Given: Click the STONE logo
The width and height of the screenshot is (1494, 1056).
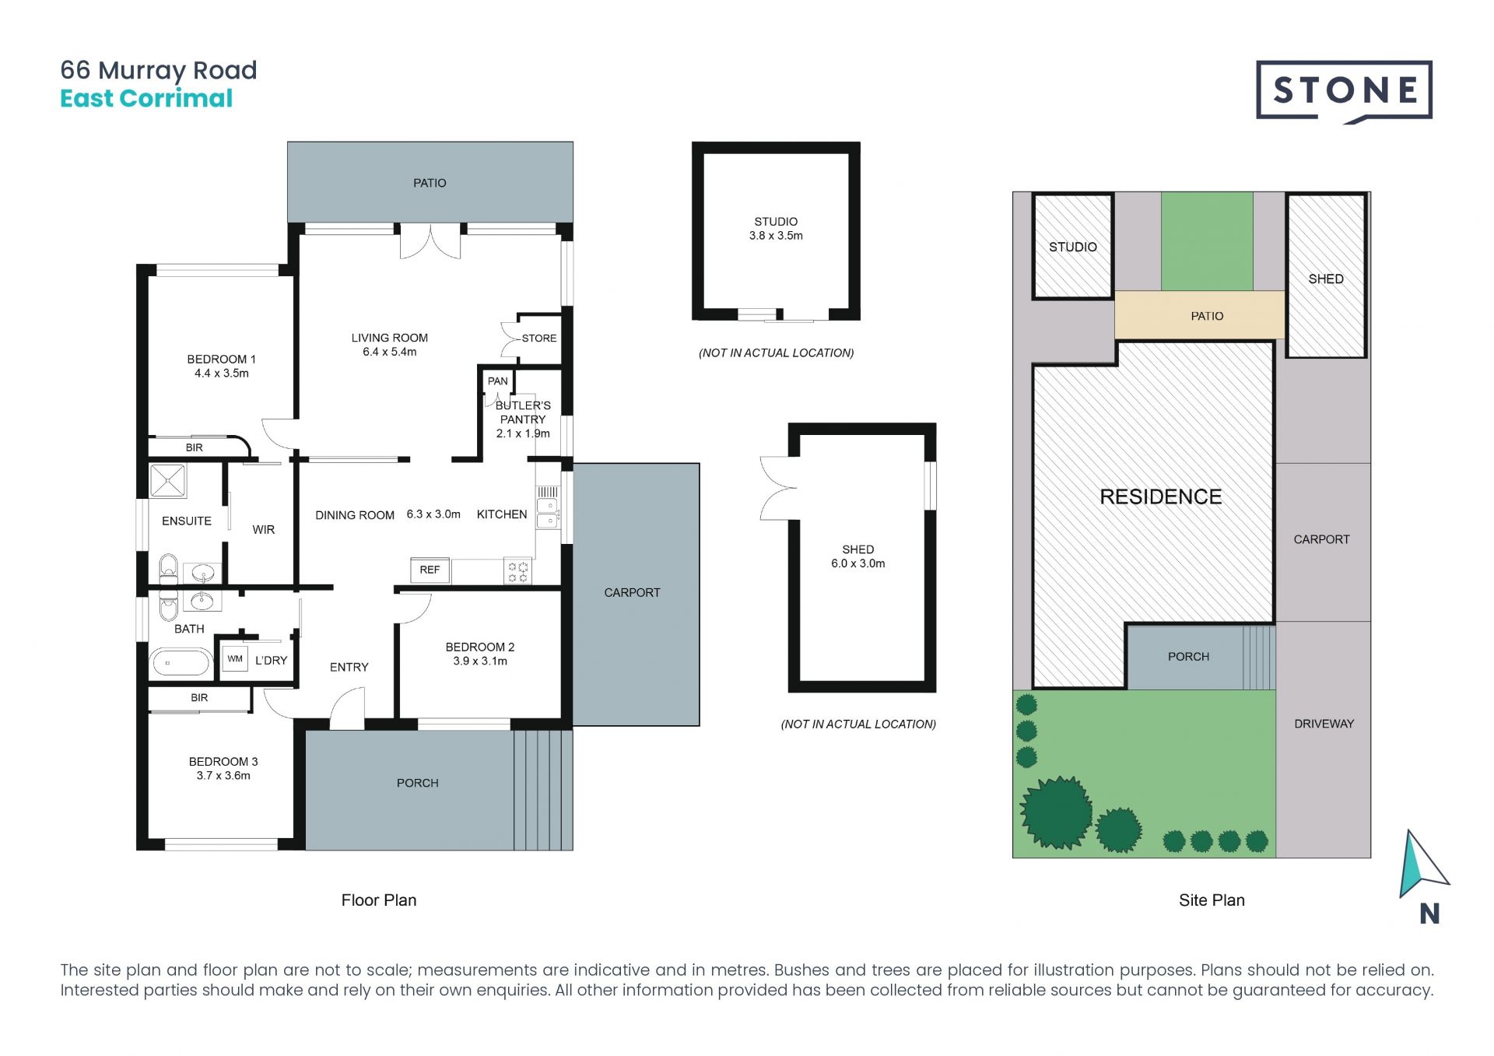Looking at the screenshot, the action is [1344, 92].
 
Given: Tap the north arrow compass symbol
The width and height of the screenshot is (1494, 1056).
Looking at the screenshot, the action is [1423, 865].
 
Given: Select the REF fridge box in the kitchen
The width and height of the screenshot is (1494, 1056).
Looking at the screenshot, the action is [430, 570].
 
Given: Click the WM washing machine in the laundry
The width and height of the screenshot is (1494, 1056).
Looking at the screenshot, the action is [235, 659].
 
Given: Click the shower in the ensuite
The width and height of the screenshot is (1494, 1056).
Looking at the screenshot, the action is [168, 481].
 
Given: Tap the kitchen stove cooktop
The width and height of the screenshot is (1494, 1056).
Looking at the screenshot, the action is [518, 572].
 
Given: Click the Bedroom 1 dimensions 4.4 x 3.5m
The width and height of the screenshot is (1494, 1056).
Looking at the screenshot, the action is [222, 374].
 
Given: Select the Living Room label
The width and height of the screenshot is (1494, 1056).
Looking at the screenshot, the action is [389, 338].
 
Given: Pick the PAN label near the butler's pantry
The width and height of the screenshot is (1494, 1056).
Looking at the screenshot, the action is [498, 381].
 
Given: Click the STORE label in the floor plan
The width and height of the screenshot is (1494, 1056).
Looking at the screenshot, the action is [539, 339].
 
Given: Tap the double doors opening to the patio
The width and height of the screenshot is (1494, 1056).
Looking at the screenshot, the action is [430, 241].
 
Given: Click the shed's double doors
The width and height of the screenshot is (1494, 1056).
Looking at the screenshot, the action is [779, 488].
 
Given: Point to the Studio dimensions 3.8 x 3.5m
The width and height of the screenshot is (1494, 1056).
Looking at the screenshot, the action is [776, 236].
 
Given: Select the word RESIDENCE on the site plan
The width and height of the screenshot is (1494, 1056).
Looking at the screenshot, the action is [1160, 496].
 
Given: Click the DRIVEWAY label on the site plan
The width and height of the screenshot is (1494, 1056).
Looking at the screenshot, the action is [1324, 724].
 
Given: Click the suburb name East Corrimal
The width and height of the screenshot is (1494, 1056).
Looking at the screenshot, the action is [146, 99].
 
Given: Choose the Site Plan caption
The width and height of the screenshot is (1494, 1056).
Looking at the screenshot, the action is [1212, 900].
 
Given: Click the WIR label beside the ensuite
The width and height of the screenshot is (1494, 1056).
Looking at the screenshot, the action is [264, 530].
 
